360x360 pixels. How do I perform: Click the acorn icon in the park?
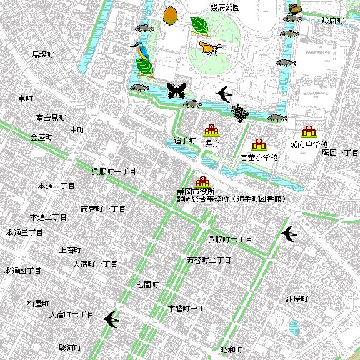click(169, 15)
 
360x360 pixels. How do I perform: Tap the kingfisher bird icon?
click(138, 47)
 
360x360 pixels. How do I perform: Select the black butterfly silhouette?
click(176, 91)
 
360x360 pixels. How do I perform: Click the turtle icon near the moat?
click(238, 113)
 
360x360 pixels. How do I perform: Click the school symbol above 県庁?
click(211, 131)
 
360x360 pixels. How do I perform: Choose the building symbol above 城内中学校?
click(309, 132)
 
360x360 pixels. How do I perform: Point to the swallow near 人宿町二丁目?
click(111, 319)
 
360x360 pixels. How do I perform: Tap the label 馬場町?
click(44, 55)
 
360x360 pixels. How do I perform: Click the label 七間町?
click(148, 284)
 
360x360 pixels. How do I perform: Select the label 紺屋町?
click(297, 299)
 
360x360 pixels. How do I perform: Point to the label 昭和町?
click(231, 349)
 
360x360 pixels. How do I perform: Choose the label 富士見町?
click(51, 117)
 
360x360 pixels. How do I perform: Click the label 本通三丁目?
click(24, 232)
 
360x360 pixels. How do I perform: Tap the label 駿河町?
click(70, 347)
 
